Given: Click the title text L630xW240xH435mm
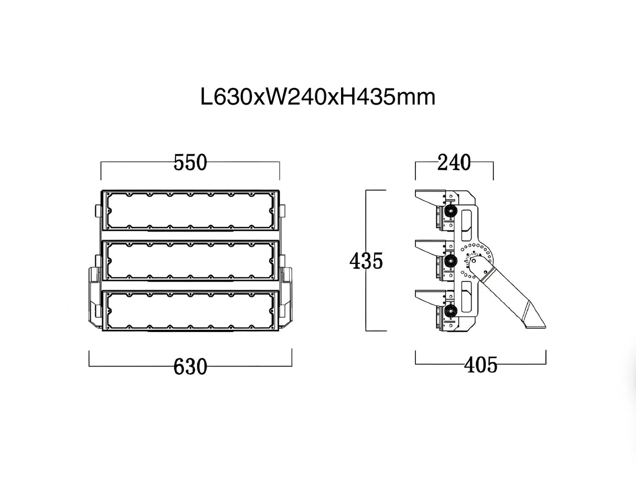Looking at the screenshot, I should click(318, 97).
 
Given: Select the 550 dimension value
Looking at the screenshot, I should click(190, 163).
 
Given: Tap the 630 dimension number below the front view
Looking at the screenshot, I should click(190, 367).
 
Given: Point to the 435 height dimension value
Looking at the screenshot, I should click(366, 260).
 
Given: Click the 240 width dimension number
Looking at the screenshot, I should click(454, 163).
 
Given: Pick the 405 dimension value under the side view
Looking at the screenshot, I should click(480, 365).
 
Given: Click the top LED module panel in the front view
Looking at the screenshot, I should click(190, 210).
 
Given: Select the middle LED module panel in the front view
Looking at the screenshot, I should click(190, 261).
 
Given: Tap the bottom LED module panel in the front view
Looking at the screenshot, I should click(190, 311).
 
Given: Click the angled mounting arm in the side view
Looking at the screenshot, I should click(511, 298).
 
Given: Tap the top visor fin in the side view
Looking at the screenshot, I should click(429, 197).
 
